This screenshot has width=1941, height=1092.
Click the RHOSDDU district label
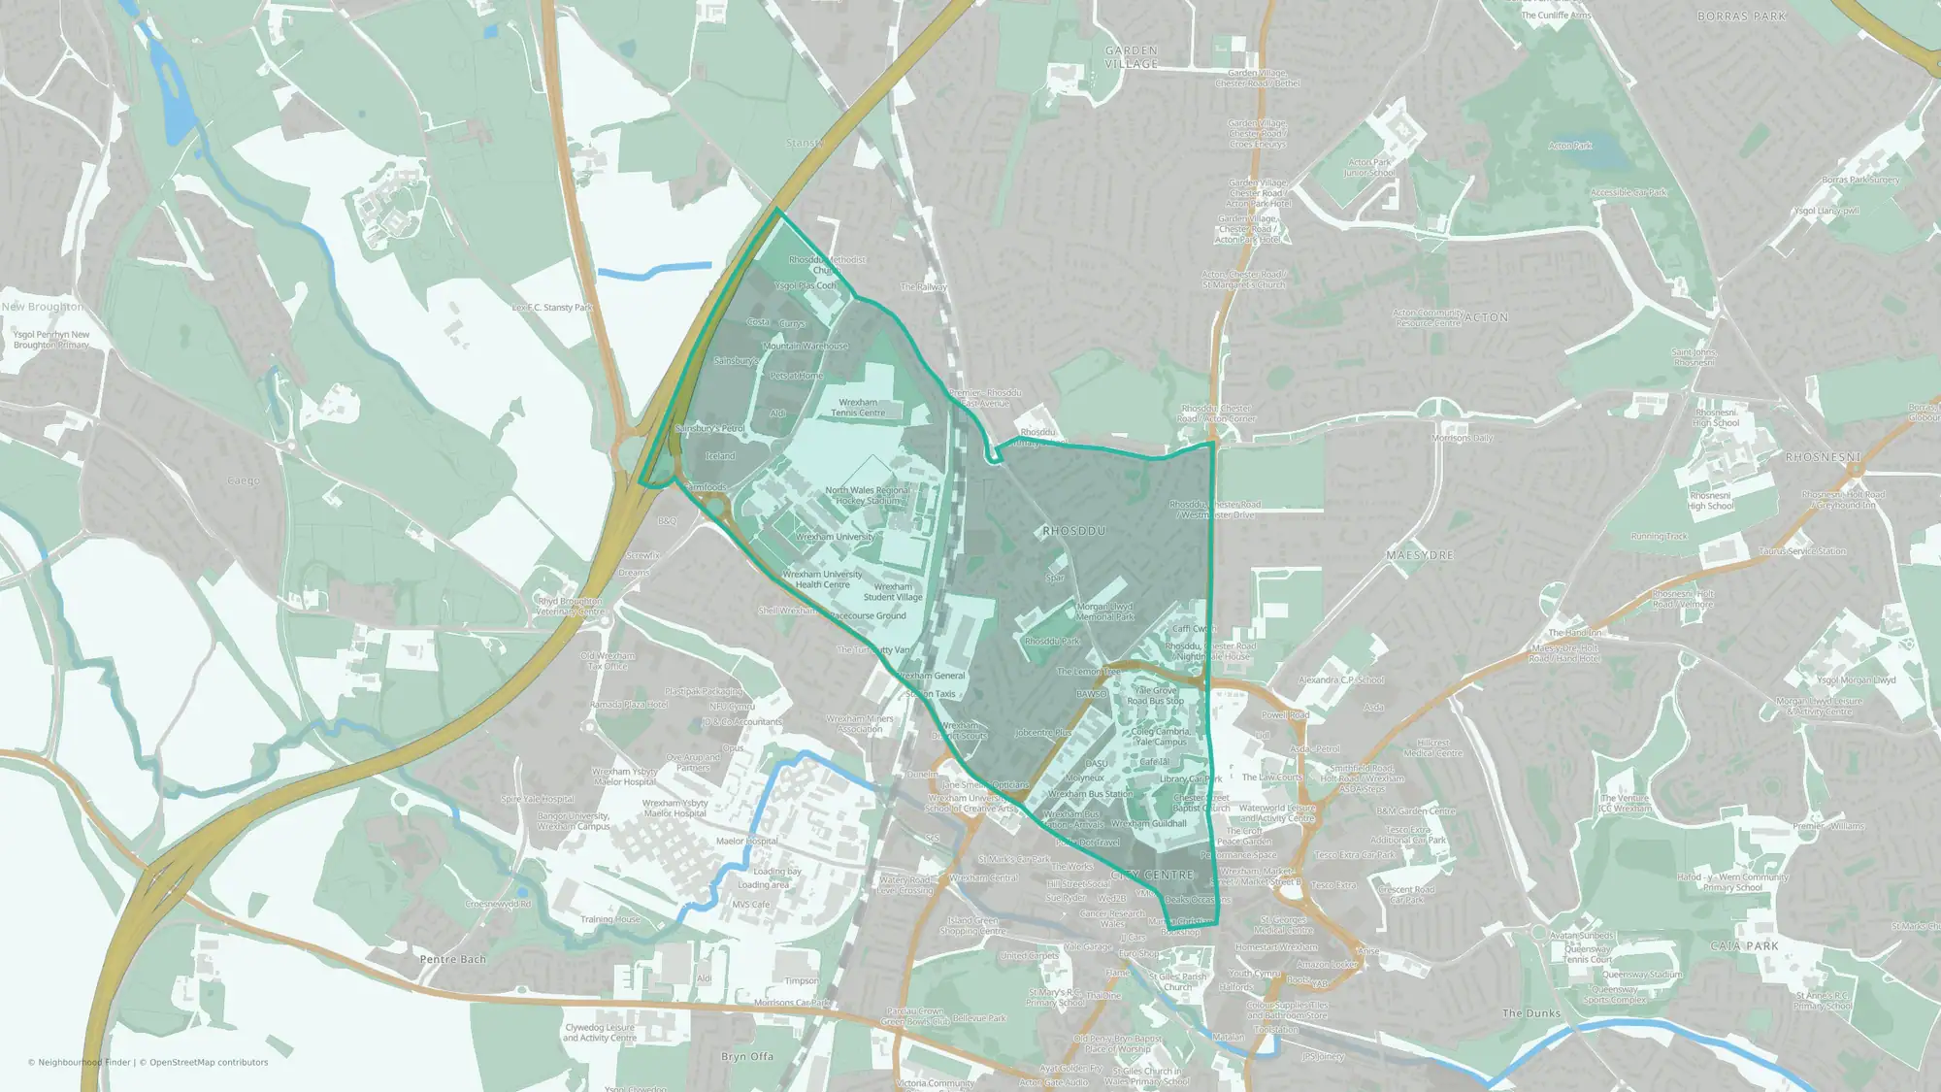click(x=1073, y=531)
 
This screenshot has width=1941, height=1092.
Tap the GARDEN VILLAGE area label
click(x=1132, y=57)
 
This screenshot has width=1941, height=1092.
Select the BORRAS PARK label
click(x=1741, y=17)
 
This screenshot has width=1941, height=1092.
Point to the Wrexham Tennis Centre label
click(x=858, y=408)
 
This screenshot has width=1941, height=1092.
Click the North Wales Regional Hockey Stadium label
click(x=868, y=495)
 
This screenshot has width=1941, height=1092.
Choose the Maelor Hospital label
click(x=747, y=842)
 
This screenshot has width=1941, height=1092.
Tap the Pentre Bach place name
click(x=453, y=959)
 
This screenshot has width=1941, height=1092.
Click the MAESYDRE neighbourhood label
click(x=1420, y=555)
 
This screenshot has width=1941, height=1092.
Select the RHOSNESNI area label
click(x=1823, y=457)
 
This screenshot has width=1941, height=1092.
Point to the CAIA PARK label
click(x=1744, y=945)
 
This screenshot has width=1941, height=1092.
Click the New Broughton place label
click(x=43, y=307)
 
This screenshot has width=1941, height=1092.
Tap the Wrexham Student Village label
click(x=893, y=592)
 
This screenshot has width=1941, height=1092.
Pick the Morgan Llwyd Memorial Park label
click(x=1104, y=612)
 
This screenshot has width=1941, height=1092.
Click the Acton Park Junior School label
click(x=1369, y=168)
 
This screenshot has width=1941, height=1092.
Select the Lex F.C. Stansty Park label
click(x=552, y=308)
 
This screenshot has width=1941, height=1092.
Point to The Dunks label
click(x=1531, y=1013)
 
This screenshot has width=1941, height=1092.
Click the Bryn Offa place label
click(x=747, y=1056)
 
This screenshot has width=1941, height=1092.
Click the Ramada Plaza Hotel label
click(x=629, y=705)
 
